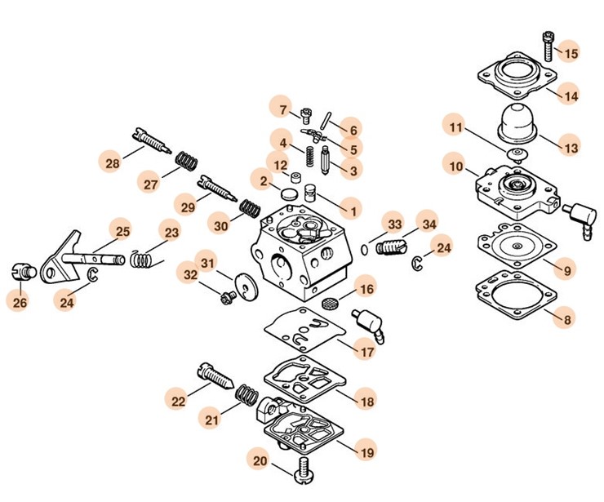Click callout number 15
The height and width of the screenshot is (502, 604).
(571, 53)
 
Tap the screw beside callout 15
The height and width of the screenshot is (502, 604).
(548, 46)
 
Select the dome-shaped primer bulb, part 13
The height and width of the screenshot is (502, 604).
(518, 122)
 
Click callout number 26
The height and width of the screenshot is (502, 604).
(20, 302)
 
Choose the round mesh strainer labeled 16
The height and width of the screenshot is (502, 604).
(330, 302)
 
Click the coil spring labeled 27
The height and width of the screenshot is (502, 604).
(186, 162)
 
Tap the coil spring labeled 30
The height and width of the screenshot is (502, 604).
(250, 208)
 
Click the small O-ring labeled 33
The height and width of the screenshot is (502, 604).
(364, 250)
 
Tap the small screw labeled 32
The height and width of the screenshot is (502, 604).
(229, 297)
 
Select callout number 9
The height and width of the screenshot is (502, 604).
(567, 270)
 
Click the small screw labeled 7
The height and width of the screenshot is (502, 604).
(306, 114)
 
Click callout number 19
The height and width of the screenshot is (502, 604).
(366, 452)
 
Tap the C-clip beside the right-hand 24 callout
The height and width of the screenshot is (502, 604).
(417, 263)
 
